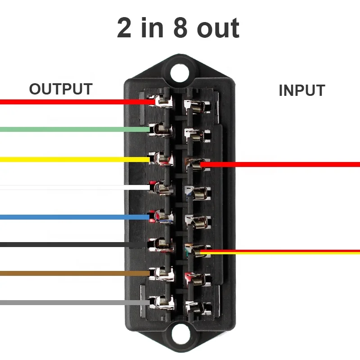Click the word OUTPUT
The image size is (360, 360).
(61, 89)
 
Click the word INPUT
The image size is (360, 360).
(301, 90)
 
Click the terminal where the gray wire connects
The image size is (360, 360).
(160, 301)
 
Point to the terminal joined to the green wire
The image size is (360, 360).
(161, 130)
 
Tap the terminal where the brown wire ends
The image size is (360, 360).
(161, 273)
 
